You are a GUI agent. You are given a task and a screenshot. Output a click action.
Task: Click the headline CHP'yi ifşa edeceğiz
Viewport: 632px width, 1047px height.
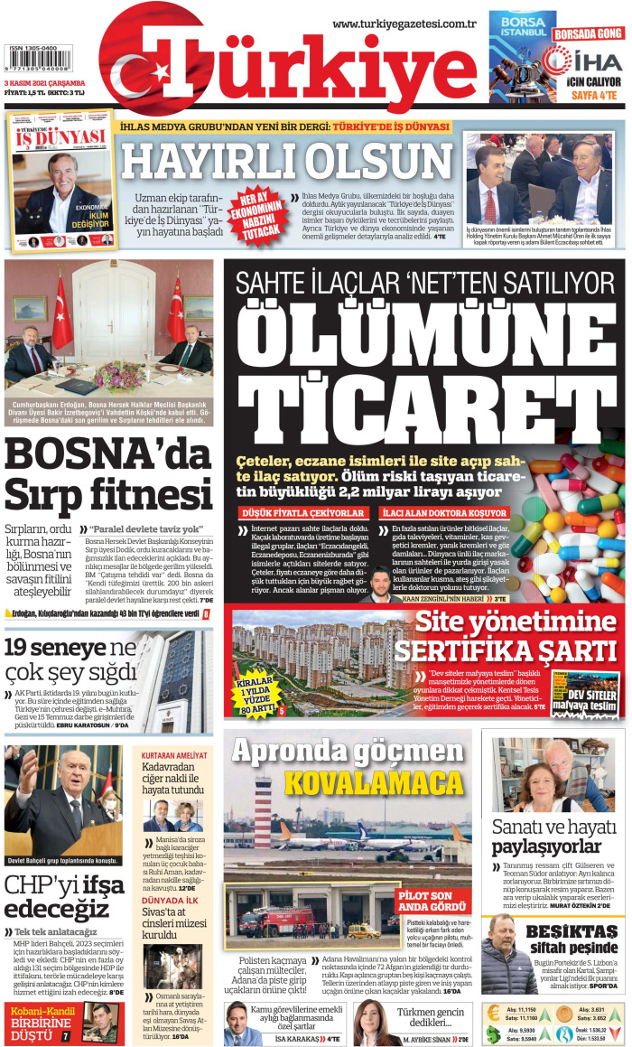56,896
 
